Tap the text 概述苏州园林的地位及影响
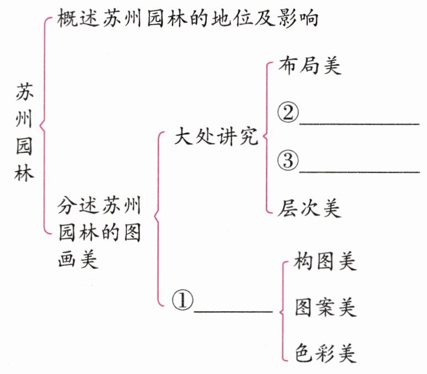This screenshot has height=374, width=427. pyautogui.click(x=188, y=20)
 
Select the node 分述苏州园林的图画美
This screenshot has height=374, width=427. pyautogui.click(x=99, y=232)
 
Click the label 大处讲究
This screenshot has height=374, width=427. pyautogui.click(x=216, y=136)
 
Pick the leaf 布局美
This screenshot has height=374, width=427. pyautogui.click(x=310, y=66)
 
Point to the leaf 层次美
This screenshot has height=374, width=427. pyautogui.click(x=310, y=208)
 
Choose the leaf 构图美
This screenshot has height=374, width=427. pyautogui.click(x=325, y=261)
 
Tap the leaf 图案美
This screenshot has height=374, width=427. pyautogui.click(x=325, y=307)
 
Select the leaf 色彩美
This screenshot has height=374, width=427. pyautogui.click(x=325, y=352)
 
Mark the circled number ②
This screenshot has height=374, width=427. pyautogui.click(x=287, y=114)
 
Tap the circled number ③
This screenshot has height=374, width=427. pyautogui.click(x=287, y=161)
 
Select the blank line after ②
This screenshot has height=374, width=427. pyautogui.click(x=359, y=124)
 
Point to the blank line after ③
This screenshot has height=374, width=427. pyautogui.click(x=359, y=172)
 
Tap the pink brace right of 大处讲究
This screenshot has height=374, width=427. pyautogui.click(x=267, y=136)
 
